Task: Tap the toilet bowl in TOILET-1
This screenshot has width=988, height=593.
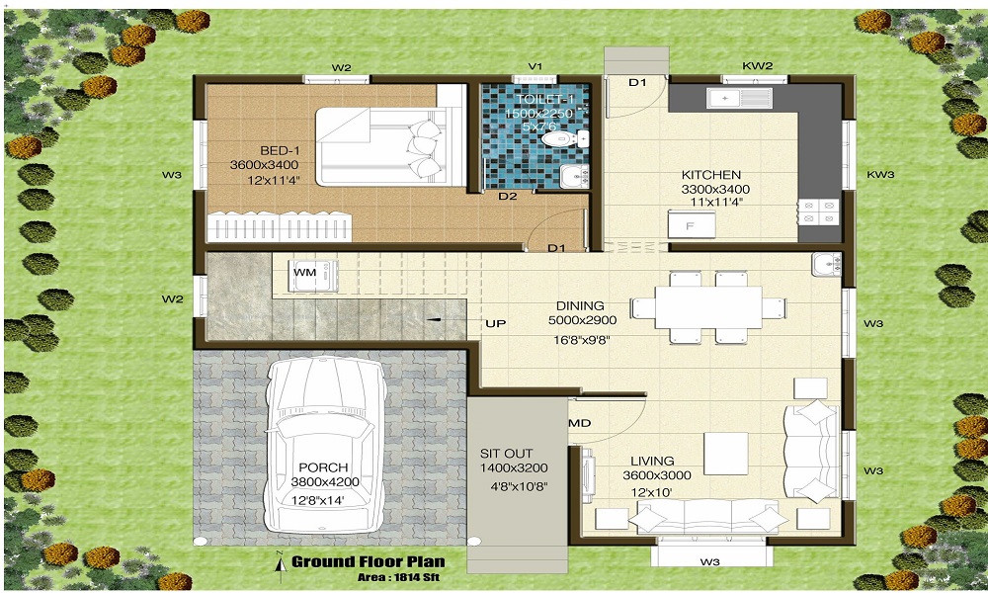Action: click(557, 140)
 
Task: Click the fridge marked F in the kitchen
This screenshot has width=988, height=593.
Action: click(690, 226)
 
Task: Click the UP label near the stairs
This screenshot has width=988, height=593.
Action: click(494, 323)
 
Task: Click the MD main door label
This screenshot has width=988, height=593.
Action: click(580, 423)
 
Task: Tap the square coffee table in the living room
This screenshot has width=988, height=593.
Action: click(726, 453)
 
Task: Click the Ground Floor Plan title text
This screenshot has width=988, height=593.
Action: click(368, 561)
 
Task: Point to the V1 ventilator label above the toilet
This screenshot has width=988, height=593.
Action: click(535, 67)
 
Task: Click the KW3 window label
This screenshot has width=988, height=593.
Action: click(880, 174)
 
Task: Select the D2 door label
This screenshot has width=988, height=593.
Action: click(507, 197)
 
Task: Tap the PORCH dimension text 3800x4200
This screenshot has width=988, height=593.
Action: click(325, 482)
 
